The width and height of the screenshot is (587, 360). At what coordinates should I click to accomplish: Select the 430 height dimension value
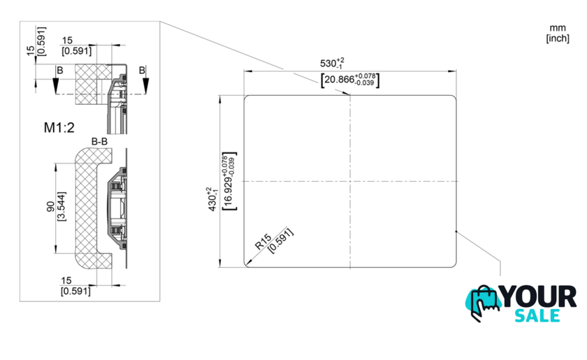pyautogui.click(x=212, y=199)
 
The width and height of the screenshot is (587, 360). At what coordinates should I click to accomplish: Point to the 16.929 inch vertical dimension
pyautogui.click(x=229, y=181)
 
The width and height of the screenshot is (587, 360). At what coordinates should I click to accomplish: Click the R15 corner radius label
pyautogui.click(x=263, y=242)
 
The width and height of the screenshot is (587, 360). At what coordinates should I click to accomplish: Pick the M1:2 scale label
pyautogui.click(x=59, y=128)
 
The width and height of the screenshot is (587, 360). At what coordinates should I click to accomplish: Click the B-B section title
pyautogui.click(x=99, y=141)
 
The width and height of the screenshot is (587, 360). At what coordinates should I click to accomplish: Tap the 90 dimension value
pyautogui.click(x=50, y=206)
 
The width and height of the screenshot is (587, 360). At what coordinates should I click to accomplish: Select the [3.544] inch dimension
pyautogui.click(x=61, y=206)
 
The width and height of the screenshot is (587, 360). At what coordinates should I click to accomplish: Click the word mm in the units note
pyautogui.click(x=558, y=28)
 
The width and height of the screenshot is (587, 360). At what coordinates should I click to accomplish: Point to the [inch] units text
pyautogui.click(x=558, y=38)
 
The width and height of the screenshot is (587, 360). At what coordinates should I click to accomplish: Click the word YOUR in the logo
pyautogui.click(x=539, y=296)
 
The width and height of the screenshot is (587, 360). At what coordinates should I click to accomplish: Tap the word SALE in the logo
pyautogui.click(x=537, y=316)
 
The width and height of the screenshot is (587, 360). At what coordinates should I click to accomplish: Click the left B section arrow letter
pyautogui.click(x=59, y=71)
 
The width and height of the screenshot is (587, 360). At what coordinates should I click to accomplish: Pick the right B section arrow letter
pyautogui.click(x=142, y=70)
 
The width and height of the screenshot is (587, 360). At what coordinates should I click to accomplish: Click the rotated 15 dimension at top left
pyautogui.click(x=31, y=50)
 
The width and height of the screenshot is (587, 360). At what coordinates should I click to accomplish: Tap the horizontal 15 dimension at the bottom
pyautogui.click(x=66, y=280)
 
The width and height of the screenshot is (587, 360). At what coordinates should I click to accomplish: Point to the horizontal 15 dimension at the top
pyautogui.click(x=67, y=40)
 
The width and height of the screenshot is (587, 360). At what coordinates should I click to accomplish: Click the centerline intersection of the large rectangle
pyautogui.click(x=350, y=181)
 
